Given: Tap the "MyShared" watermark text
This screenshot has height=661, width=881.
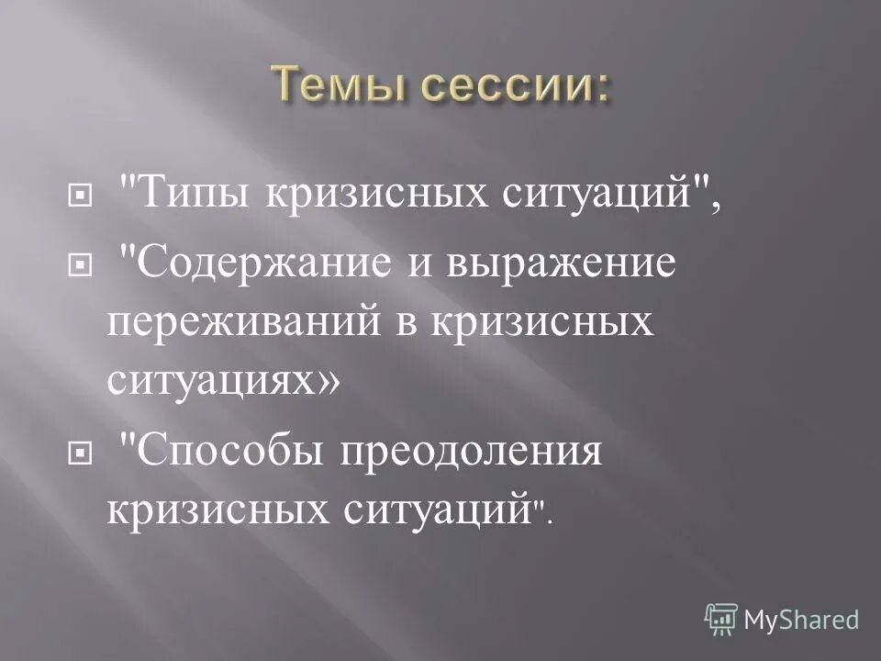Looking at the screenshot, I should click(801, 621).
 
